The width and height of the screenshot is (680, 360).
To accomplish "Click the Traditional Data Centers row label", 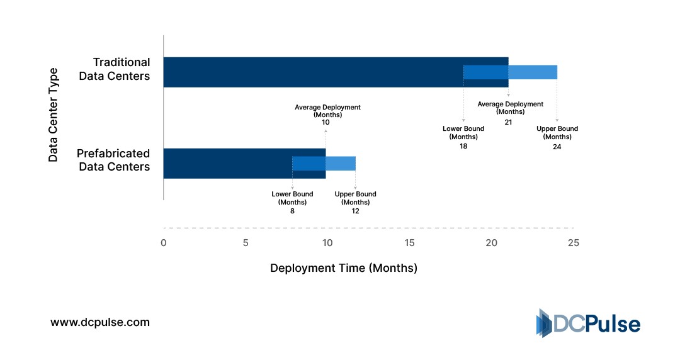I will tap(122, 69).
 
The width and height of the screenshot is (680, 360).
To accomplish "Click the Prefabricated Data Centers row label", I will tap(113, 160).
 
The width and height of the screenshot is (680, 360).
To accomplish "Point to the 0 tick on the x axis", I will tap(164, 243).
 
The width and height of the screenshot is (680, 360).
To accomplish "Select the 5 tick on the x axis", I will tap(246, 243).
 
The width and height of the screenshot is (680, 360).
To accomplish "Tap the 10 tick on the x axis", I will tap(327, 243).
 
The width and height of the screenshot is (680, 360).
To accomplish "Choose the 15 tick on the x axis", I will tap(409, 243).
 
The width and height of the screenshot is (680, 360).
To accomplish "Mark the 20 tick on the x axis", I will tap(491, 243).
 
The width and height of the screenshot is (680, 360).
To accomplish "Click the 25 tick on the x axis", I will tap(573, 243).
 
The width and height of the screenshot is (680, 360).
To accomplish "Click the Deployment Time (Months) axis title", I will tap(344, 268).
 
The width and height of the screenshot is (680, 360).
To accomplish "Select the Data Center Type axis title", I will tap(54, 115).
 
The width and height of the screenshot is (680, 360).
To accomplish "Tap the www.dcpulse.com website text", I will tap(100, 322).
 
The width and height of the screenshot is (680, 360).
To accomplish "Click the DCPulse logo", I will tap(587, 323).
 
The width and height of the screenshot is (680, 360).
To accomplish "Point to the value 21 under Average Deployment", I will tap(508, 122).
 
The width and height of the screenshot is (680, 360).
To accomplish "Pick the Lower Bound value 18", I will tap(463, 146).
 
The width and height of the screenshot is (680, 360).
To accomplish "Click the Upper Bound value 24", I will tap(557, 147).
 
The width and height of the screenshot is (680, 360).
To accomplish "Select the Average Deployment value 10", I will tap(326, 122).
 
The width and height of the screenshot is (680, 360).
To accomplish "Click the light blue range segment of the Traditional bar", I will tap(533, 72).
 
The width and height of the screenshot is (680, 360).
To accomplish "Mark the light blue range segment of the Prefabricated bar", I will tap(341, 164).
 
